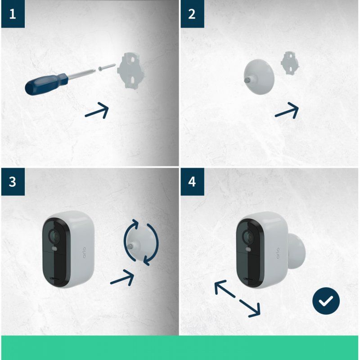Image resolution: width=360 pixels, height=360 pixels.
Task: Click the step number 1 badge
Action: pyautogui.click(x=13, y=13)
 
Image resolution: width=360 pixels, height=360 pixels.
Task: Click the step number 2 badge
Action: pyautogui.click(x=192, y=13)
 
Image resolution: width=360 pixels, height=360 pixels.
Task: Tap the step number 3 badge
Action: pyautogui.click(x=13, y=181)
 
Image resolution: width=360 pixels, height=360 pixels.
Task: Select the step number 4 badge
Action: pyautogui.click(x=192, y=181)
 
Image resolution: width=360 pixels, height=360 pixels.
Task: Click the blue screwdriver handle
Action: pyautogui.click(x=45, y=84)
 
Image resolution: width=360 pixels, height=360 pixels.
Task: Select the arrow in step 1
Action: pyautogui.click(x=97, y=111)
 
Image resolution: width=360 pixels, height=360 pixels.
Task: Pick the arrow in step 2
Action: pyautogui.click(x=287, y=110)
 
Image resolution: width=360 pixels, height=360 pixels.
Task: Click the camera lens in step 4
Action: pyautogui.click(x=247, y=236)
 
